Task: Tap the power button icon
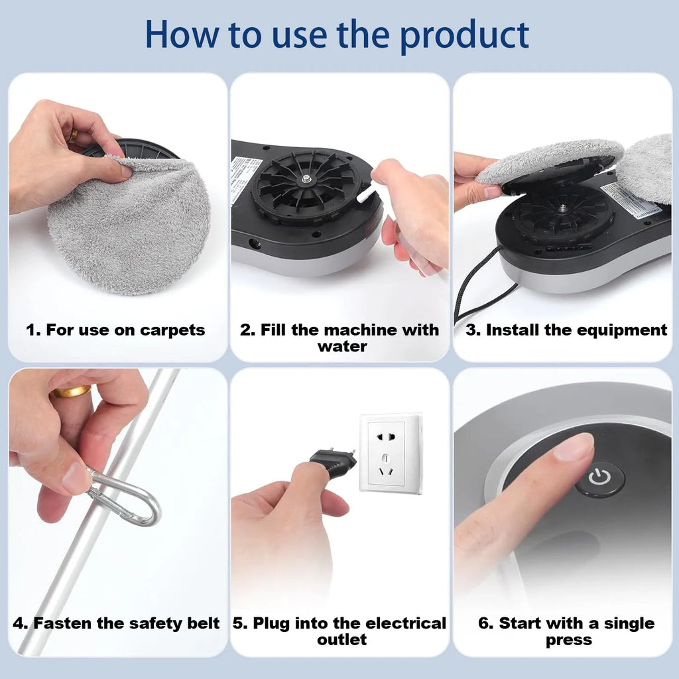(x=599, y=479)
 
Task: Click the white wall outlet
(x=391, y=453)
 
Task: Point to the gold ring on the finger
(x=70, y=391)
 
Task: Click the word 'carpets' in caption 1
(x=172, y=330)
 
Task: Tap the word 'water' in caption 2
(x=341, y=346)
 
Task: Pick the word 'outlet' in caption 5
(x=341, y=640)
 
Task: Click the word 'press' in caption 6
(x=568, y=640)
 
